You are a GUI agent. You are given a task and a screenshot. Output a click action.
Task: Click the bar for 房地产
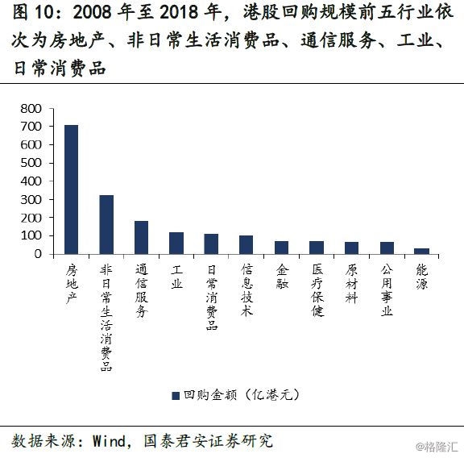tap(72, 189)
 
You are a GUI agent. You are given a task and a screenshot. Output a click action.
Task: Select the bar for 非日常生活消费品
tap(106, 224)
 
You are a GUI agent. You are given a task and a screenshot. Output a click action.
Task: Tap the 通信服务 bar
tap(142, 237)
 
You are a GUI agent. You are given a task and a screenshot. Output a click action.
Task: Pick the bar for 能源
tap(421, 252)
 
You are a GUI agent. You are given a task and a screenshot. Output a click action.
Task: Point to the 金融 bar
tap(281, 248)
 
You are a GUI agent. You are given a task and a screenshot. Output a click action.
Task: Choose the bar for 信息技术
tap(246, 244)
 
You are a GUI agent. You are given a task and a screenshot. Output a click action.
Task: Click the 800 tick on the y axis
tap(31, 109)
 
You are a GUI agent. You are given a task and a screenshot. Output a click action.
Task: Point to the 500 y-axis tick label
tap(31, 163)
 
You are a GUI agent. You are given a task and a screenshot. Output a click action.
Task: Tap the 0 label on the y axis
tap(38, 254)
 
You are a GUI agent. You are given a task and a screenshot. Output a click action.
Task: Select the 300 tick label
tap(31, 200)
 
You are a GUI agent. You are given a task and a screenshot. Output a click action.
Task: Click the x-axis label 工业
tap(176, 277)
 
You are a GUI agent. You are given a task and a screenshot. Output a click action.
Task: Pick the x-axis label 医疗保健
tap(317, 290)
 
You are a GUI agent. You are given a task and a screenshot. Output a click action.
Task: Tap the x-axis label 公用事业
tap(387, 290)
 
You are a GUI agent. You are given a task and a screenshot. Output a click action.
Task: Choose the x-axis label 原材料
tap(351, 284)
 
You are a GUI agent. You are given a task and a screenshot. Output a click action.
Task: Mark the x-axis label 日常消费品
tap(212, 298)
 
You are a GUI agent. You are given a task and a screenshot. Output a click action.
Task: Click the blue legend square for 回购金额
tap(176, 396)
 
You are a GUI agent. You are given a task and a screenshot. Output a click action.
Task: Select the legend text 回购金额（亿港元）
tap(242, 395)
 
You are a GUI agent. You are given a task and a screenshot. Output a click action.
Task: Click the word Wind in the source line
tap(110, 441)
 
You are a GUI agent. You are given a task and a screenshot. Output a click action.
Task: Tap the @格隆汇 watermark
tap(437, 447)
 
